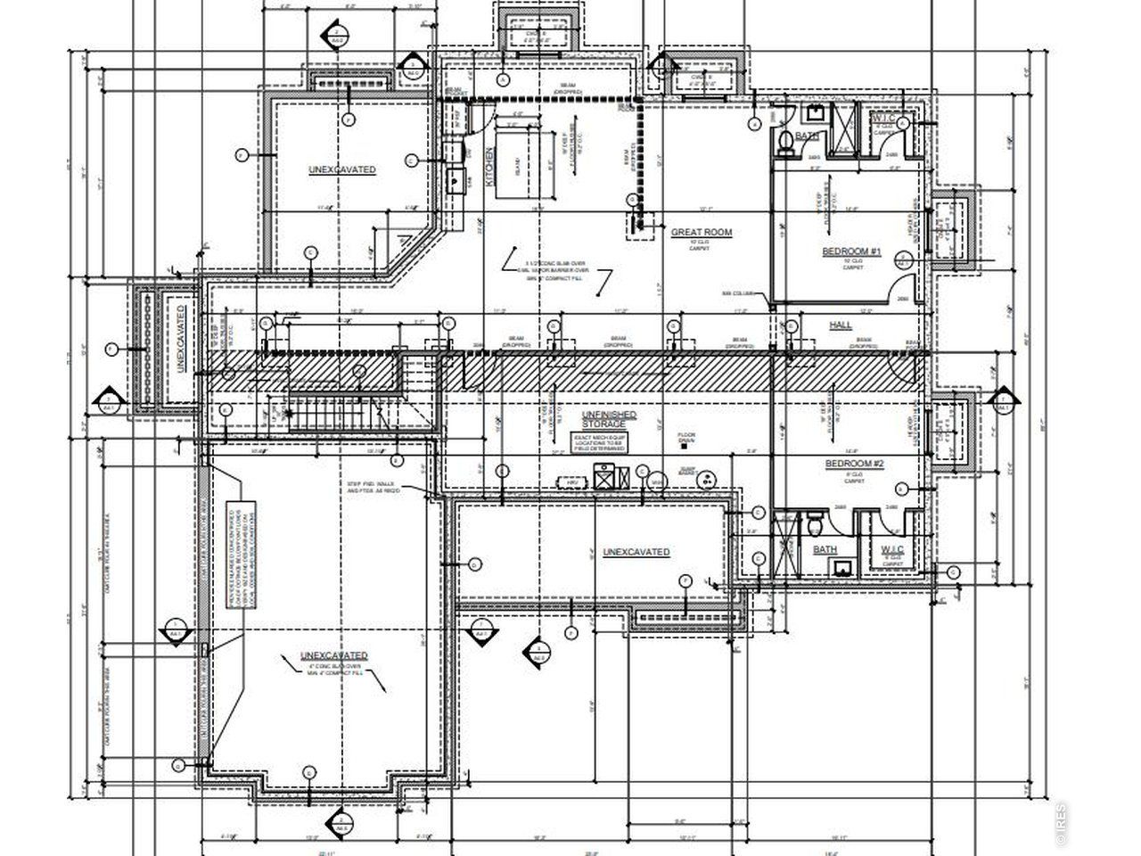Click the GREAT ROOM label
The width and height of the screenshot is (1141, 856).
(701, 232)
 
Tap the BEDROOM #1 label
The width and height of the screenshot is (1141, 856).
(851, 252)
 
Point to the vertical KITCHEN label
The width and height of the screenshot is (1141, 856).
(488, 167)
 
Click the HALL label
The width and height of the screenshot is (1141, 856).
(841, 325)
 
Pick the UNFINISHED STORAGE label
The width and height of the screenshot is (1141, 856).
(609, 419)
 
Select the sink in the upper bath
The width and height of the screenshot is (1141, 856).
(815, 113)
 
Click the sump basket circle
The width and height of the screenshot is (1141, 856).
(705, 479)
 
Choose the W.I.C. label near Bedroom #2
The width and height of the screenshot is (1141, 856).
(892, 548)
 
